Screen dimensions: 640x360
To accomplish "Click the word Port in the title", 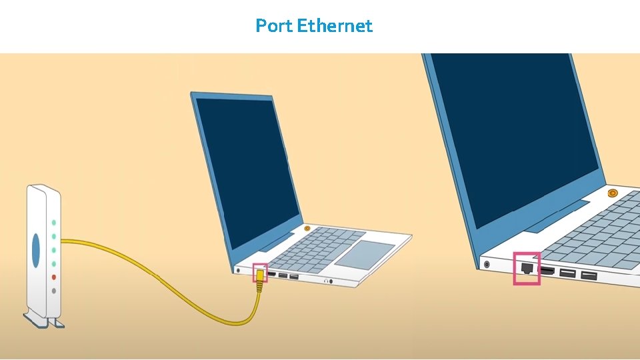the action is click(274, 26).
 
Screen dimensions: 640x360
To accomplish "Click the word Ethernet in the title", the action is click(335, 26).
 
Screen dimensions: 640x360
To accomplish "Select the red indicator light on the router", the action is click(54, 277).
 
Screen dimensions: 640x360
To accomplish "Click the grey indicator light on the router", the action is click(54, 291).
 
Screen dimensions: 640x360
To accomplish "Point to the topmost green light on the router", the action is click(54, 223).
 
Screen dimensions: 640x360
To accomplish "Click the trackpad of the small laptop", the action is click(364, 253).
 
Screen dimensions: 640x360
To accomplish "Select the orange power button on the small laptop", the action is click(307, 228).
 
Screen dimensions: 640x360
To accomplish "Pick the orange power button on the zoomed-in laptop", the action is click(613, 193).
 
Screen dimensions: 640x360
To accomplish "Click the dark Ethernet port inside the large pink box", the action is click(526, 268).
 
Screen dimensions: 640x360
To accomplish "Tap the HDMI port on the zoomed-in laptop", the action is click(548, 271).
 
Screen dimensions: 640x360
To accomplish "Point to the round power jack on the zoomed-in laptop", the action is click(487, 264).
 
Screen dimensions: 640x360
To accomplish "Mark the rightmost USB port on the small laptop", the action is click(294, 276).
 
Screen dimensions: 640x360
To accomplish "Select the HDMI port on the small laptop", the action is click(272, 274).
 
